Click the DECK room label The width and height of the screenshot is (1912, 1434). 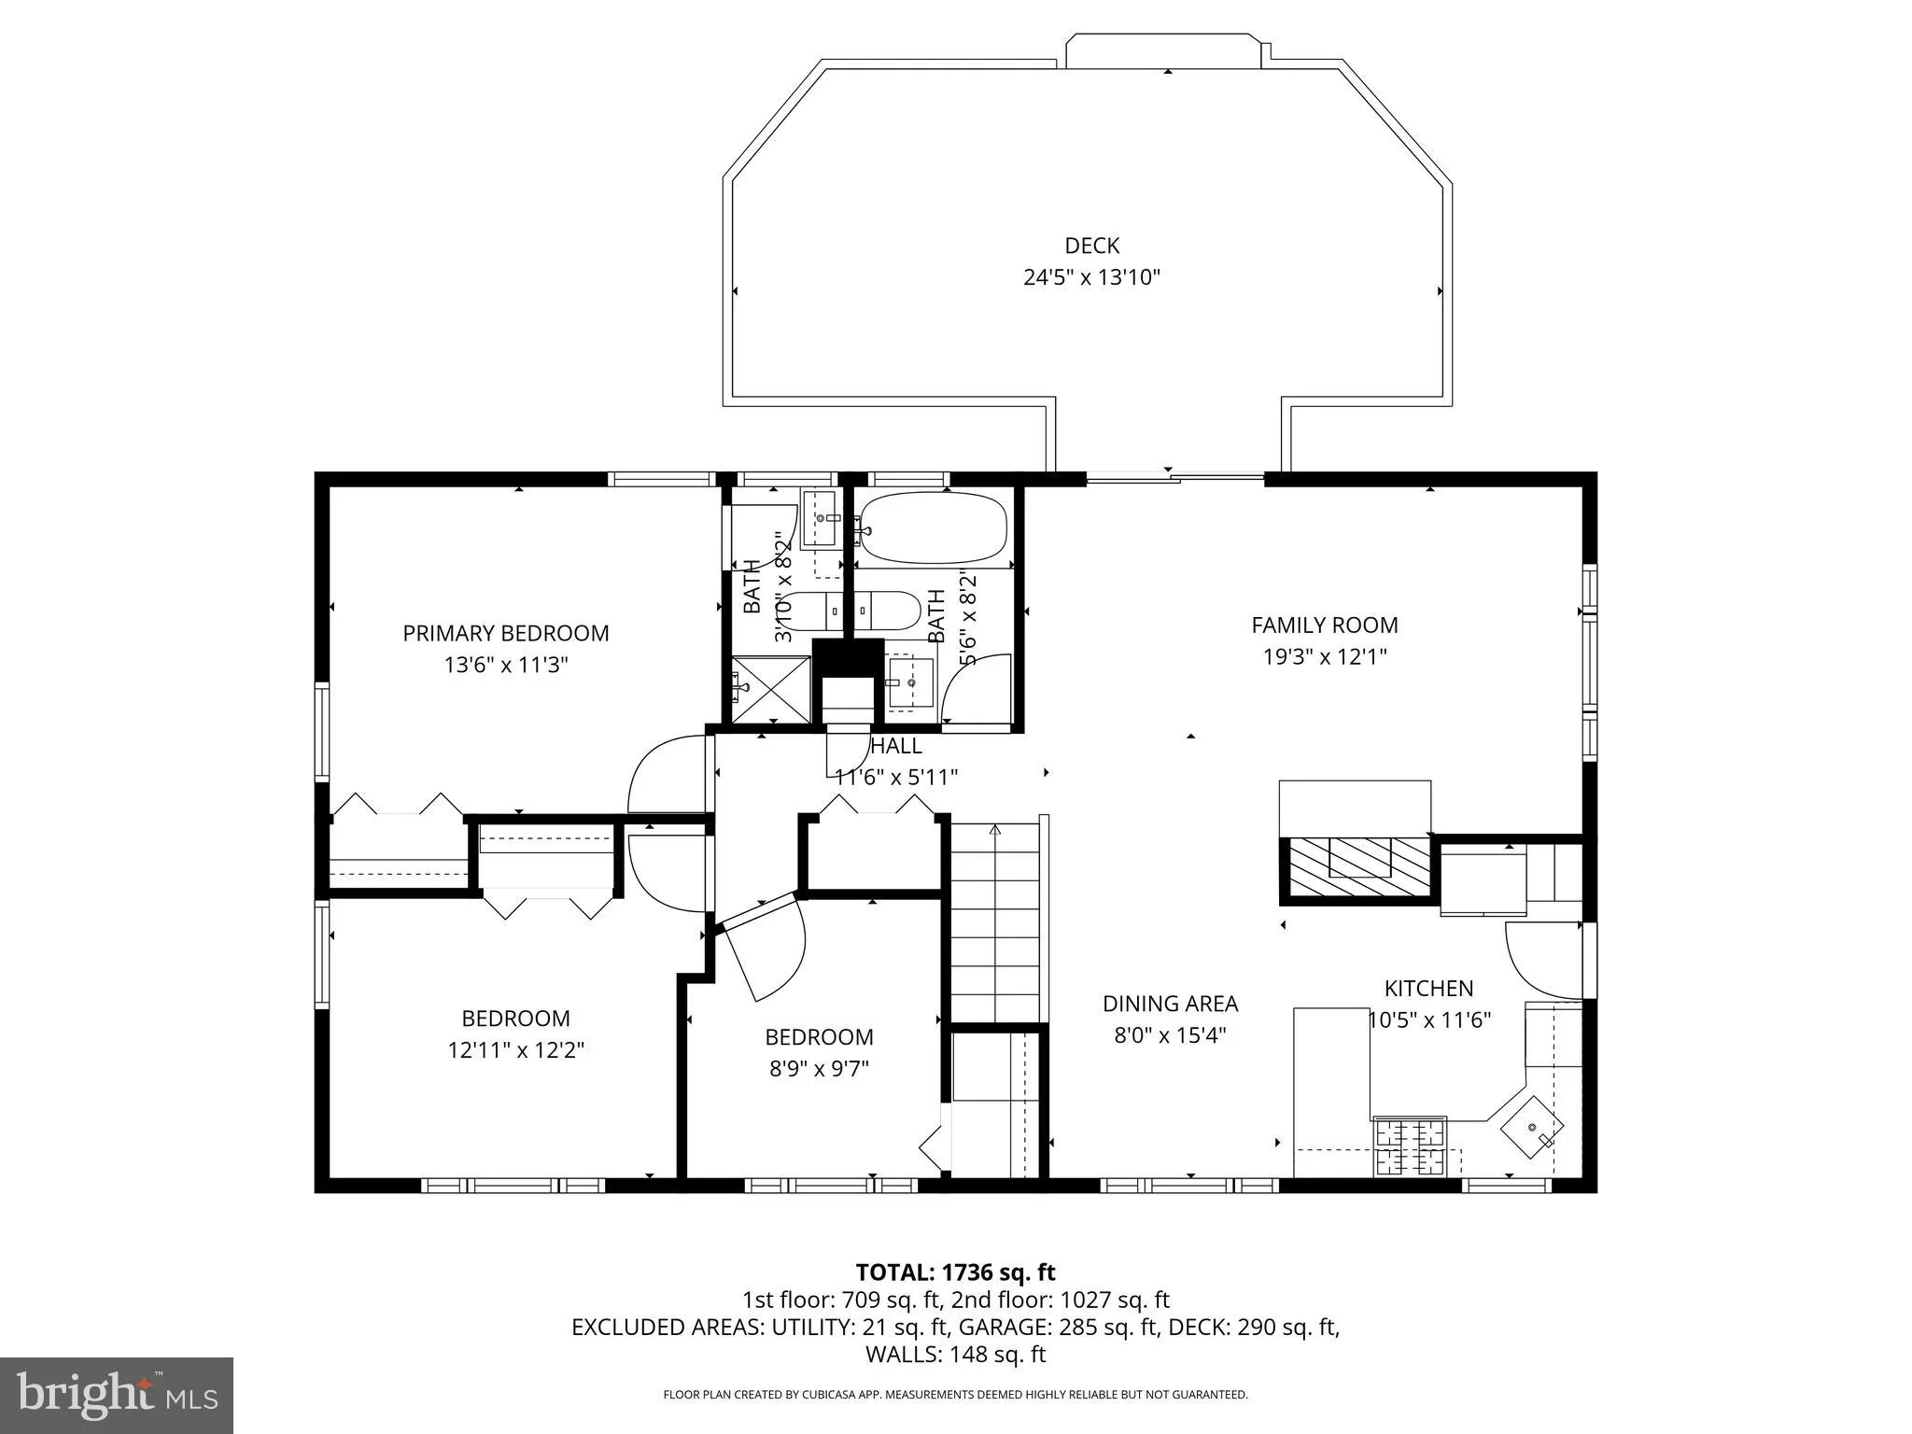tap(1091, 246)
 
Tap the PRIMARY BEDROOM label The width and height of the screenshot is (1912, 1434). tap(505, 633)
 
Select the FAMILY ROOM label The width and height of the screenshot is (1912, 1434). tap(1324, 625)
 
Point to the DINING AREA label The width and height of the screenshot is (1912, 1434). tap(1170, 1003)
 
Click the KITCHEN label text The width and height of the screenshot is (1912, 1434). tap(1428, 988)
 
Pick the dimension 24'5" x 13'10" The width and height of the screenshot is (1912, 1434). tap(1091, 277)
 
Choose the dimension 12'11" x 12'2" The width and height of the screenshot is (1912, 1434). tap(515, 1050)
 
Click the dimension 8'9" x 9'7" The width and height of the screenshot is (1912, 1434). tap(819, 1068)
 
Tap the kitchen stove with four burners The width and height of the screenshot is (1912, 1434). tap(1410, 1146)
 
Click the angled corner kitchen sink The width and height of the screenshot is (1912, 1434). tap(1532, 1127)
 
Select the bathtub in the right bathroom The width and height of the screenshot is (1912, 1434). tap(934, 527)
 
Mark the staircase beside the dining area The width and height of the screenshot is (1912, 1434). tap(995, 921)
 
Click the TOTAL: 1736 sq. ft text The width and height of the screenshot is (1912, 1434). tap(955, 1272)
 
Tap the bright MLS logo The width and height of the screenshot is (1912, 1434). tap(117, 1395)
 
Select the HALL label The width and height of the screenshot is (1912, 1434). tap(895, 746)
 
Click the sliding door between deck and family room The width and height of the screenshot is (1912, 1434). tap(1175, 480)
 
